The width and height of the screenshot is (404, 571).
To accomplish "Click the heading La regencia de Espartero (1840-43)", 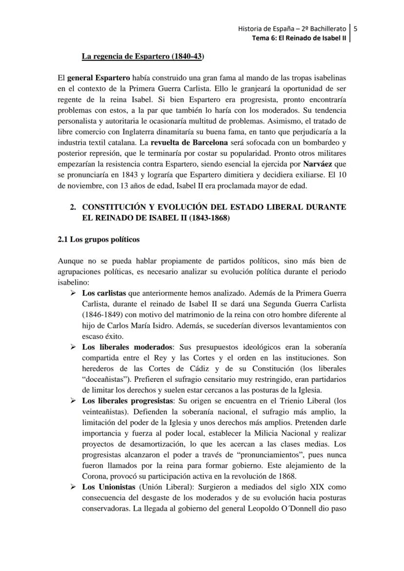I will (x=142, y=56).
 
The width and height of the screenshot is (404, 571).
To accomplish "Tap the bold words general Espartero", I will (x=98, y=78).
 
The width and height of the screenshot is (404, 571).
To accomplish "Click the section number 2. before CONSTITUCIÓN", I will (x=73, y=207).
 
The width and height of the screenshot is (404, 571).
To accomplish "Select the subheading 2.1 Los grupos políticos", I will (x=99, y=239).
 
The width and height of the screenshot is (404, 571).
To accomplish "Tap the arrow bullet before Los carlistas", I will (x=73, y=293).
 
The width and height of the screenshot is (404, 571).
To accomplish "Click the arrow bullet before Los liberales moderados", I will (x=73, y=347).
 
